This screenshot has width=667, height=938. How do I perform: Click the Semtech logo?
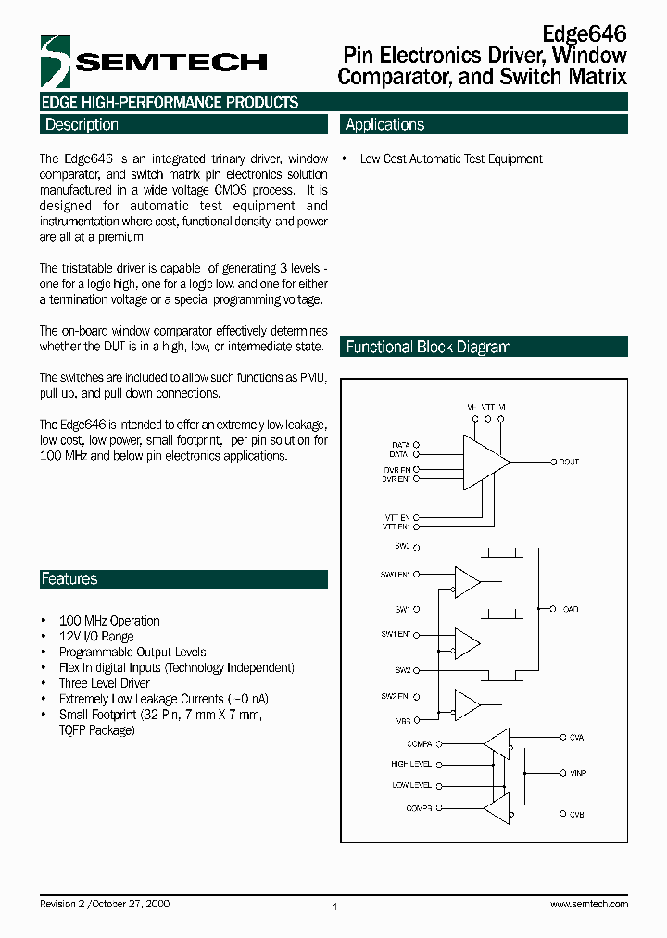click(x=154, y=62)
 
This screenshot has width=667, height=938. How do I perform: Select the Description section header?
click(x=82, y=125)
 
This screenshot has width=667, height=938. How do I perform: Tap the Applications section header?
click(x=384, y=125)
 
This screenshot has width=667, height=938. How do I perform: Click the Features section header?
click(x=69, y=579)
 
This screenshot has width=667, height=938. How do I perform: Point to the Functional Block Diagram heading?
click(x=428, y=348)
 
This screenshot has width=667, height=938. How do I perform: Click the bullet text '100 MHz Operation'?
click(x=109, y=621)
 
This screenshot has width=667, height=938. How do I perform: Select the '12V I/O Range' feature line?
click(x=96, y=637)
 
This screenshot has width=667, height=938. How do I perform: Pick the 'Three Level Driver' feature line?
click(x=104, y=683)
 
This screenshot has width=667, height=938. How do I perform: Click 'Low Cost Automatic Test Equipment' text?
click(x=451, y=159)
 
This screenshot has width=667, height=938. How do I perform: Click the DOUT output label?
click(x=568, y=462)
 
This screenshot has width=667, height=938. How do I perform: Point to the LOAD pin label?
click(x=568, y=609)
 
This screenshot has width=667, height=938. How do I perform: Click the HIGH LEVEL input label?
click(x=411, y=765)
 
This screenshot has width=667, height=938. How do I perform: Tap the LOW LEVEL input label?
click(x=412, y=786)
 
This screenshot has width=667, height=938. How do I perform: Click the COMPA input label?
click(x=419, y=743)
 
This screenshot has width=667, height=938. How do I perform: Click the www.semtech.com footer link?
click(x=588, y=904)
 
